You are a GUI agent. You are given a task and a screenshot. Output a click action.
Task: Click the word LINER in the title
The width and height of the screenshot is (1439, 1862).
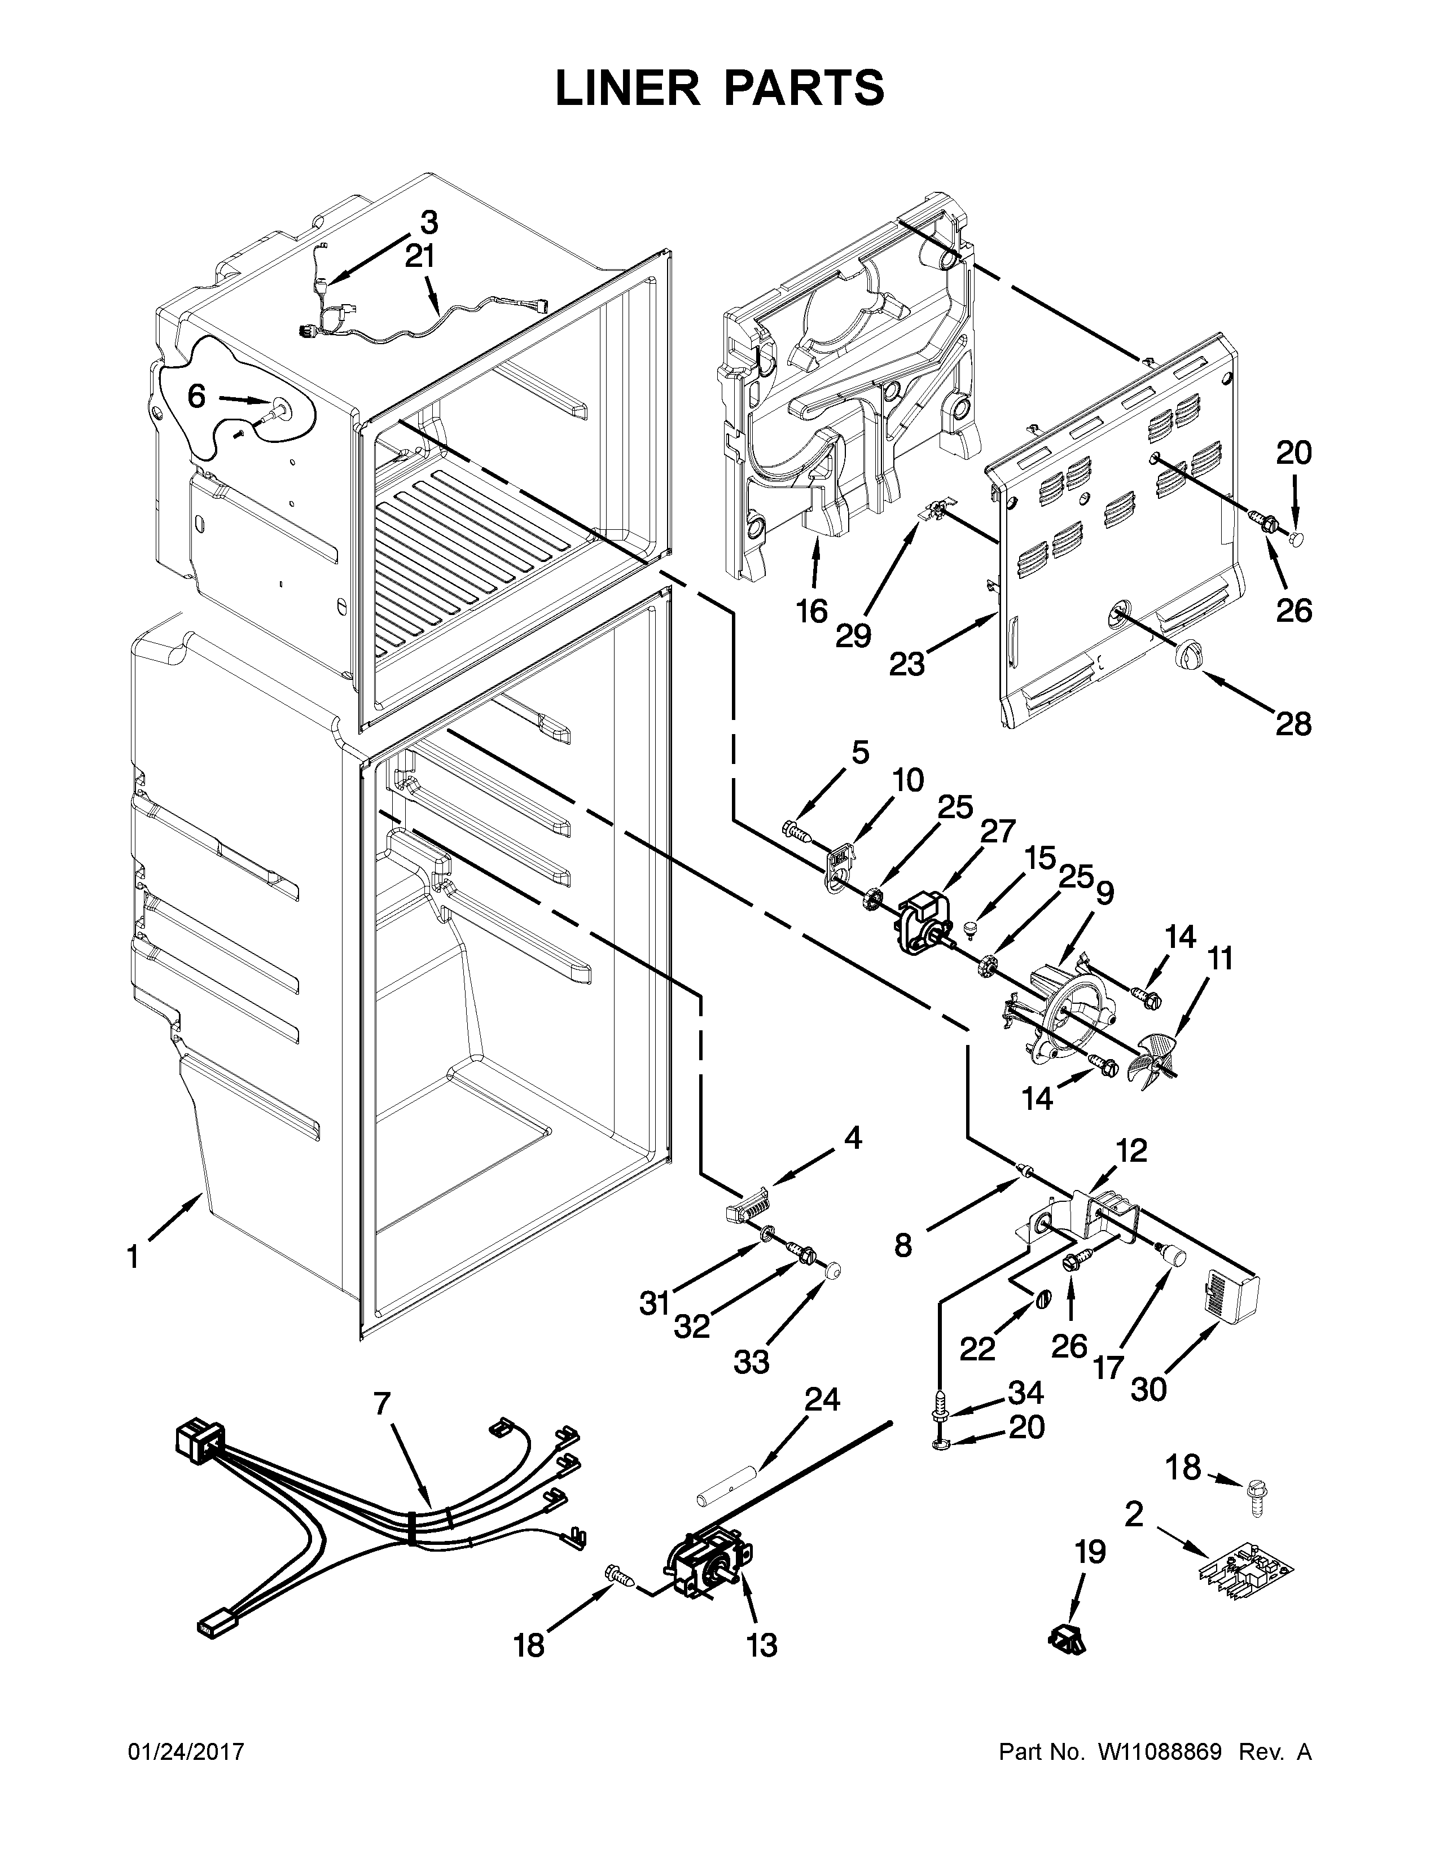(626, 89)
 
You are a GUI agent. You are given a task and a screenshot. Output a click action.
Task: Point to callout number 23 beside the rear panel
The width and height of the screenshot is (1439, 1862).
(906, 664)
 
